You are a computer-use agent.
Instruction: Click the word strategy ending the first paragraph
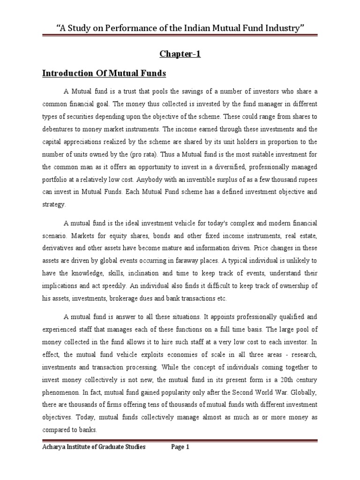[x=54, y=204]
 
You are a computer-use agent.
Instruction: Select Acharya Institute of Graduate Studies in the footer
[x=94, y=447]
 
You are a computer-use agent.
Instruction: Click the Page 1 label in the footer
[x=180, y=447]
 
